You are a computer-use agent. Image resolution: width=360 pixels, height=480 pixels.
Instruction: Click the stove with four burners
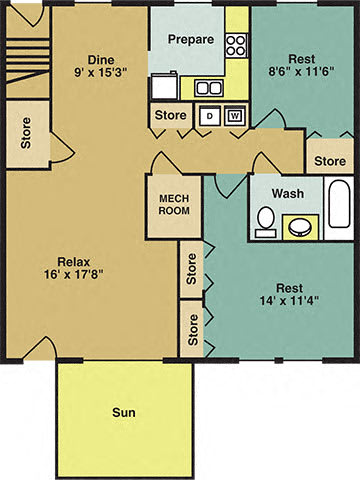pos(236,45)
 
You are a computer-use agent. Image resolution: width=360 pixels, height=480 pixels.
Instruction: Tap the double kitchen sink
pos(209,88)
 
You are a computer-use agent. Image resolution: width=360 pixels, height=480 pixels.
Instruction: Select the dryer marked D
pos(210,116)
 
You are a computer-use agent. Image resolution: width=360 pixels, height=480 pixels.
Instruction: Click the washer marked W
pos(235,116)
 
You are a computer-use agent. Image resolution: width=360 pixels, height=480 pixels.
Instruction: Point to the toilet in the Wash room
pos(266,222)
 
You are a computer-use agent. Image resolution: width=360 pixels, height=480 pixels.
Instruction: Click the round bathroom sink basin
pos(300,228)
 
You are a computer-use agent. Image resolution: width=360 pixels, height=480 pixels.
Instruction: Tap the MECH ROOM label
pos(174,205)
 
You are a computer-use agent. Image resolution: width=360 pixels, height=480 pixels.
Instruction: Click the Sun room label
pos(124,413)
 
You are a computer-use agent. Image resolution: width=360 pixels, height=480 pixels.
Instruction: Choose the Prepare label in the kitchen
pos(191,39)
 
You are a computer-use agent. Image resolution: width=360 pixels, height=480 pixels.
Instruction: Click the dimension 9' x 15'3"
pos(101,72)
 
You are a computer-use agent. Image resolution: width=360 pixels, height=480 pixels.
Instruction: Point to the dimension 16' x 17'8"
pos(74,274)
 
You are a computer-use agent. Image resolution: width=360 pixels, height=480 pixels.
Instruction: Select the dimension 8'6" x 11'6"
pos(301,71)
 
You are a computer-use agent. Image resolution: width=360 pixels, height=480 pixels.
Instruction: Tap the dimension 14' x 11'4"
pos(289,301)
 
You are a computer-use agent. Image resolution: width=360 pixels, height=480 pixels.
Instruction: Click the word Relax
pos(74,262)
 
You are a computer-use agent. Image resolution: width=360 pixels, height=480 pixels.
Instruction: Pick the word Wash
pos(288,193)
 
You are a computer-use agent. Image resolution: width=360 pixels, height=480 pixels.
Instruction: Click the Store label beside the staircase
pos(26,133)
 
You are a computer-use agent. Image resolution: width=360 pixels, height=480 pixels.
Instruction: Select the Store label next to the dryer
pos(171,115)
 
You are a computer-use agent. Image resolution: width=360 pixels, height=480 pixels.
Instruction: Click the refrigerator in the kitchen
pos(164,86)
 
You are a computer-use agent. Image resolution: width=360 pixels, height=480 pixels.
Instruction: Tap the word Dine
pos(101,60)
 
